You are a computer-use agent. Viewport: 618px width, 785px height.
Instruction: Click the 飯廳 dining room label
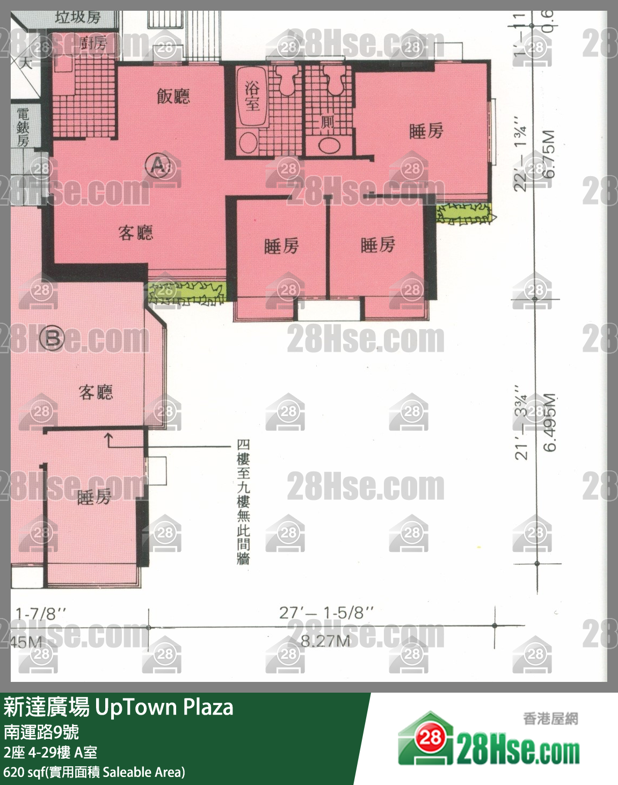173,96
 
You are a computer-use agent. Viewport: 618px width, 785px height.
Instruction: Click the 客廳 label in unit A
136,232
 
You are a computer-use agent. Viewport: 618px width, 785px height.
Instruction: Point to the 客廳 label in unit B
96,392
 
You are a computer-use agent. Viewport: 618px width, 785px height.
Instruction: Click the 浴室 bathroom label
252,96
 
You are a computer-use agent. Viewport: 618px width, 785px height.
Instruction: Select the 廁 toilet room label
327,122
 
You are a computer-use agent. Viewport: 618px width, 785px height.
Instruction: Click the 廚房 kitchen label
93,42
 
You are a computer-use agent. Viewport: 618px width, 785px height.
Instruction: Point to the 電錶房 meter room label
23,127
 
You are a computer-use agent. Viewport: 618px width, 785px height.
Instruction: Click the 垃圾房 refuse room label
78,17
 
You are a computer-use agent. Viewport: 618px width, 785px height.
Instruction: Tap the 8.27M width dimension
325,641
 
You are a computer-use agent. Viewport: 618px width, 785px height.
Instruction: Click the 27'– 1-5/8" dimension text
326,613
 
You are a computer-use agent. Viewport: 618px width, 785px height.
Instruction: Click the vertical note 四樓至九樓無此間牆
243,502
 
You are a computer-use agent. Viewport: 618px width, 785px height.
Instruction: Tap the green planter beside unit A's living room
187,293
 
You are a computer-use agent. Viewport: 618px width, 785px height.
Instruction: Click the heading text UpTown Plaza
164,707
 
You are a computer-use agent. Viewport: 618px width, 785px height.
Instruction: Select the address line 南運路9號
41,731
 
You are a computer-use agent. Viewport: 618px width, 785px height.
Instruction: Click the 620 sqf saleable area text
94,772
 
